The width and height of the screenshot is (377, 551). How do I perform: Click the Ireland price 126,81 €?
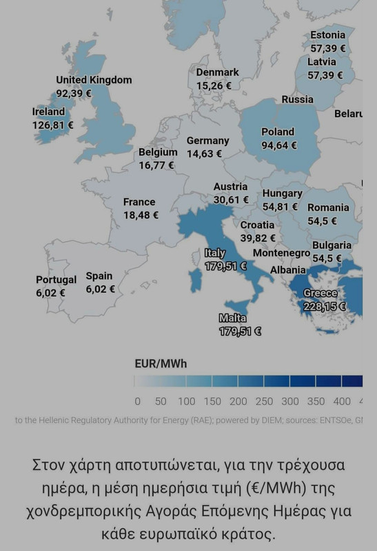pyautogui.click(x=52, y=125)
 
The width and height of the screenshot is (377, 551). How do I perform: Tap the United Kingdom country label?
pyautogui.click(x=94, y=80)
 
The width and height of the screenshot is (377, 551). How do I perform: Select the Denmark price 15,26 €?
pyautogui.click(x=214, y=86)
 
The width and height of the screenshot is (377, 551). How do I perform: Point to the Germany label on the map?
pyautogui.click(x=207, y=141)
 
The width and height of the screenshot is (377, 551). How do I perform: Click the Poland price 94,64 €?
pyautogui.click(x=279, y=145)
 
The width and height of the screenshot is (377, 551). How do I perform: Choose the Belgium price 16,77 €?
pyautogui.click(x=156, y=165)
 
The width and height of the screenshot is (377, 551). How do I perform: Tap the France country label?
pyautogui.click(x=139, y=202)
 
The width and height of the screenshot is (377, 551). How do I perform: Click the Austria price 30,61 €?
pyautogui.click(x=231, y=200)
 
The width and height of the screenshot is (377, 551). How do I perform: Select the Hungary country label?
pyautogui.click(x=282, y=194)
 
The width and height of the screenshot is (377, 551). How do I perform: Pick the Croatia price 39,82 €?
pyautogui.click(x=258, y=238)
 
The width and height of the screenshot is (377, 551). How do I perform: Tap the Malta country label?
pyautogui.click(x=232, y=318)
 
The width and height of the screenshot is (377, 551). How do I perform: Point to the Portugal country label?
pyautogui.click(x=57, y=280)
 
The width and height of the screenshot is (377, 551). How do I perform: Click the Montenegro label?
pyautogui.click(x=281, y=253)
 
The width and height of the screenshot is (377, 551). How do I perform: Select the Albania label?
pyautogui.click(x=287, y=270)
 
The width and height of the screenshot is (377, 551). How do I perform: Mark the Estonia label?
pyautogui.click(x=327, y=35)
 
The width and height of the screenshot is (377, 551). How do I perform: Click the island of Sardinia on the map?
pyautogui.click(x=195, y=279)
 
